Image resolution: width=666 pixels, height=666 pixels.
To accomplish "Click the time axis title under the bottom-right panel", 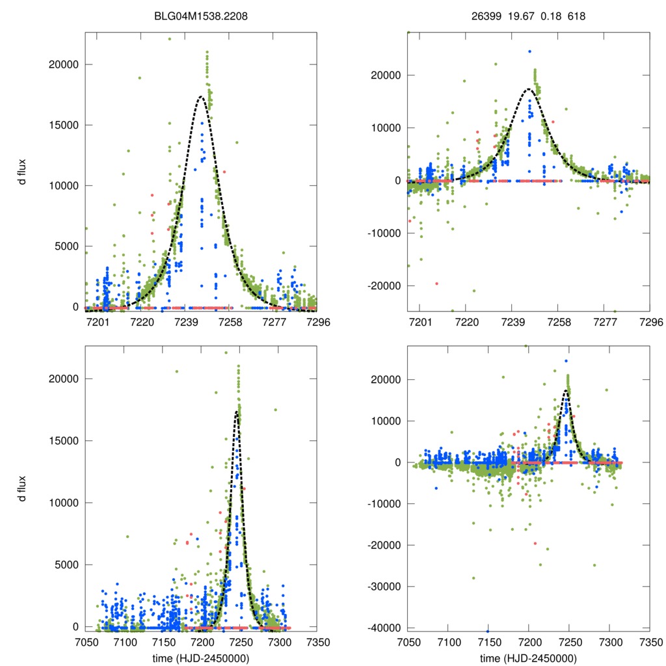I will pos(528,658).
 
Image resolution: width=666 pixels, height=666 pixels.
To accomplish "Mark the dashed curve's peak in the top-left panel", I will pos(201,97).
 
